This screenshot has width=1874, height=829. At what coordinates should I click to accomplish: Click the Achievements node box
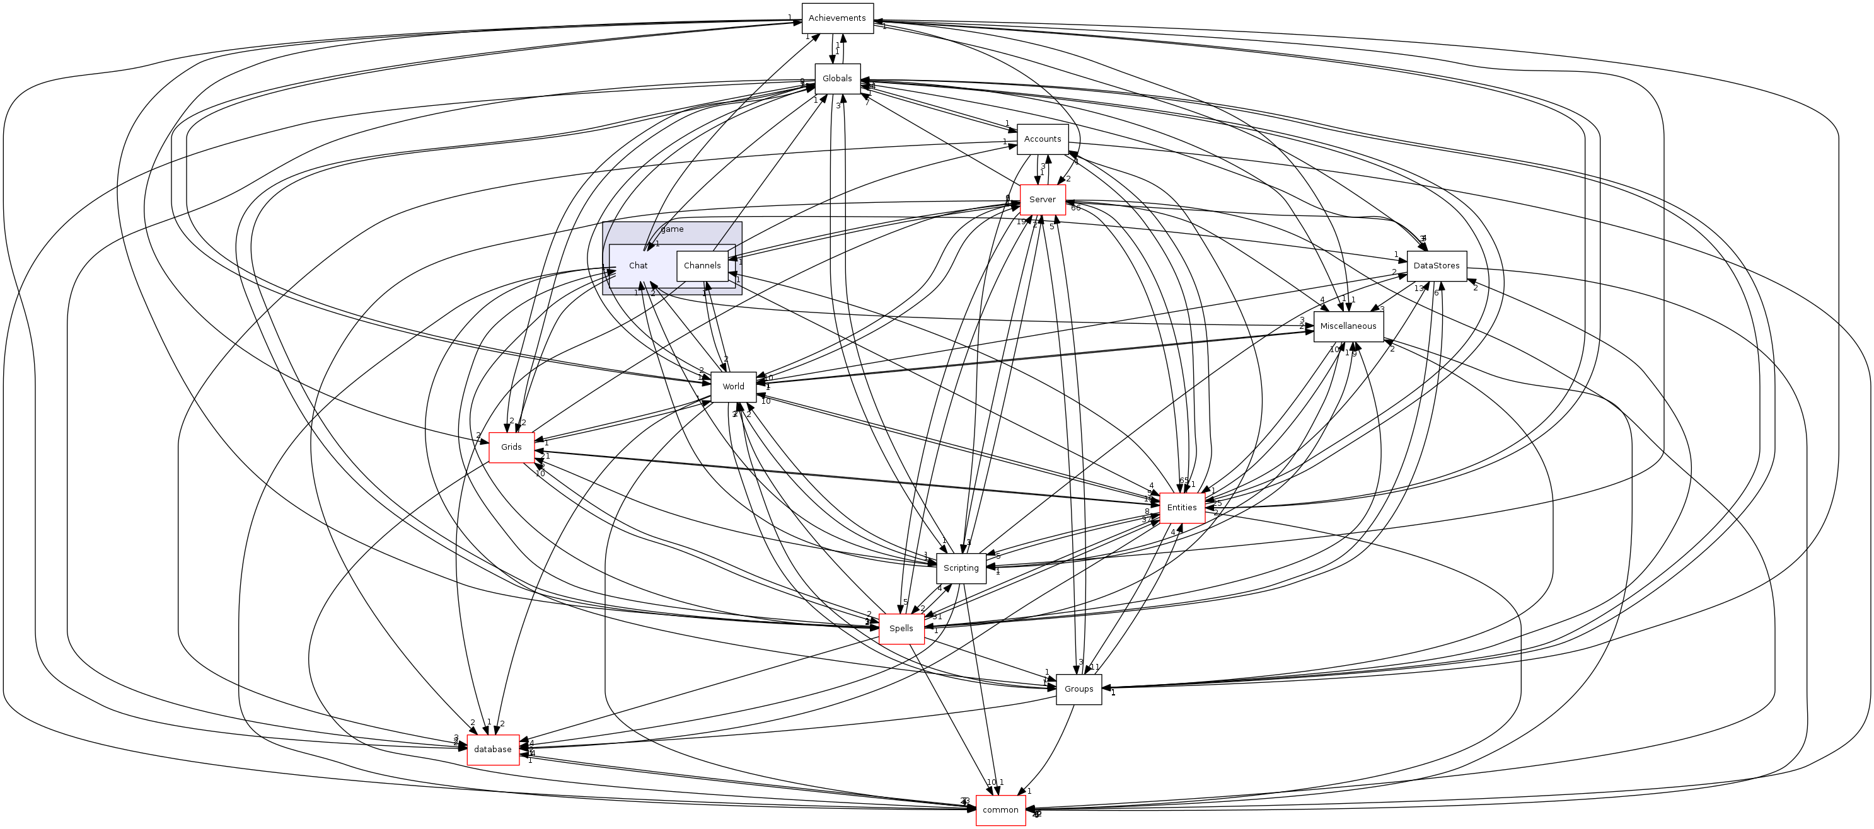point(836,18)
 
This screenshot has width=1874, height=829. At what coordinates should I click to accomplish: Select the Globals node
point(836,79)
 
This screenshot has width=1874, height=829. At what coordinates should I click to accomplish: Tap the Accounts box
point(1042,139)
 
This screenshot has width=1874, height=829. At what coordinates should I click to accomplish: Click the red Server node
point(1042,199)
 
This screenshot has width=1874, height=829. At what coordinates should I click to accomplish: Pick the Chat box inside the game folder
point(638,265)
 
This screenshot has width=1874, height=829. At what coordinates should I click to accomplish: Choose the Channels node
point(702,265)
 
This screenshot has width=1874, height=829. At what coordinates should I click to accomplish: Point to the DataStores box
point(1436,265)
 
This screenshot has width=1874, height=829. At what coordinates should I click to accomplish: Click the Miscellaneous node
point(1348,326)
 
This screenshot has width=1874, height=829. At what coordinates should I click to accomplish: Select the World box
point(732,386)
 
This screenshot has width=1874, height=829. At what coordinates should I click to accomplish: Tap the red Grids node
point(511,447)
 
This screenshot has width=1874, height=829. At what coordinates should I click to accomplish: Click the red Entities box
point(1181,508)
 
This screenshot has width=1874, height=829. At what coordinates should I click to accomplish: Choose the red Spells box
point(901,628)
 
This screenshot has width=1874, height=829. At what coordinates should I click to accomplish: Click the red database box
point(492,749)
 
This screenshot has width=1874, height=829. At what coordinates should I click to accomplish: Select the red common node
point(1000,810)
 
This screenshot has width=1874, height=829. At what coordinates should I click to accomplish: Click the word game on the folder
point(672,229)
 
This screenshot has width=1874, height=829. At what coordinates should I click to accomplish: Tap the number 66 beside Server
point(1075,208)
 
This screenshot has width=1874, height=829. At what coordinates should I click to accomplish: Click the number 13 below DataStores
point(1419,289)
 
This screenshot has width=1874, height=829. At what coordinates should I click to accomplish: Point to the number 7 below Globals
point(867,103)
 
